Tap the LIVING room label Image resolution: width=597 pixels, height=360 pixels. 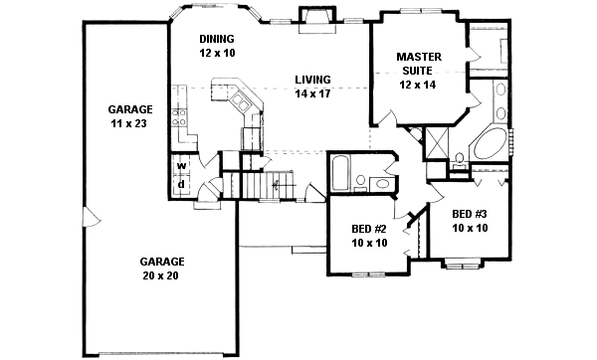(311, 80)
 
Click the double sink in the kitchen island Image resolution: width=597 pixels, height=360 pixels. (241, 101)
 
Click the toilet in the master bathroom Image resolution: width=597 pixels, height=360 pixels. (460, 159)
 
